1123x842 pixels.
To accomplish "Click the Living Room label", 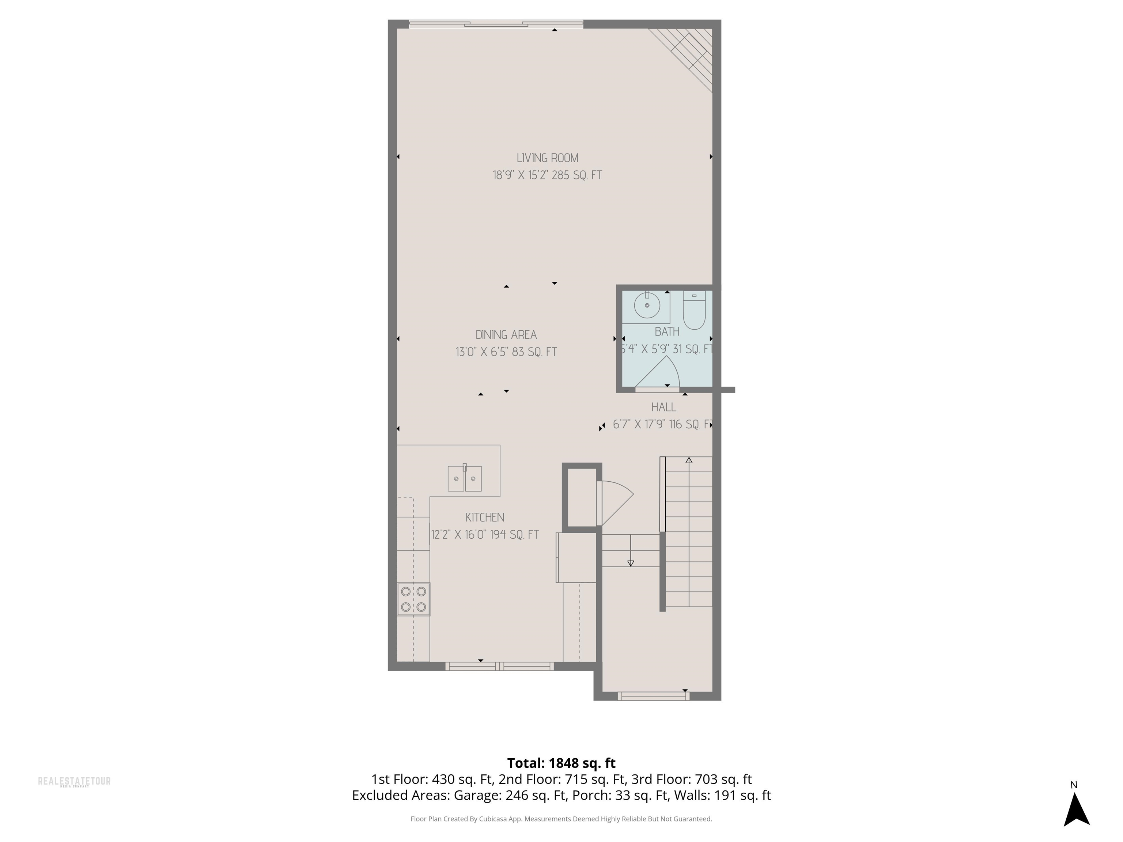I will click(x=547, y=158).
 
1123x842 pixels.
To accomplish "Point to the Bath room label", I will click(x=666, y=332).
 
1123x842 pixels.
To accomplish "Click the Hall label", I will click(x=663, y=407).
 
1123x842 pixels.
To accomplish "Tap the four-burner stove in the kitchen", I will click(x=413, y=599).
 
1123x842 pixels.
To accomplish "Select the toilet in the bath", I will click(x=694, y=310).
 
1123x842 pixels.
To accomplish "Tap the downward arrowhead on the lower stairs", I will click(x=631, y=563).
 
